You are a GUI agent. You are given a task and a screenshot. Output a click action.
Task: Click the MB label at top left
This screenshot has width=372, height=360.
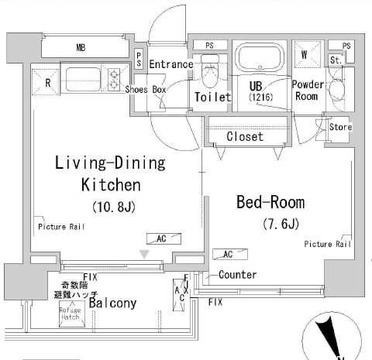(80, 47)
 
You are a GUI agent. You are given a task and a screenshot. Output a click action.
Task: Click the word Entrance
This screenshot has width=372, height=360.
(170, 64)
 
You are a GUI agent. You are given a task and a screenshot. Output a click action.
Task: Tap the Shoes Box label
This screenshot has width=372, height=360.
(147, 89)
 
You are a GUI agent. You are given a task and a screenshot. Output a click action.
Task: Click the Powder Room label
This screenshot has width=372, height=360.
(306, 91)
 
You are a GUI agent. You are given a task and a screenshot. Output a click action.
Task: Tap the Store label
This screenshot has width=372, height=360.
(340, 127)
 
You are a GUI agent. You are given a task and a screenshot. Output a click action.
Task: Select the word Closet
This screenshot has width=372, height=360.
(245, 136)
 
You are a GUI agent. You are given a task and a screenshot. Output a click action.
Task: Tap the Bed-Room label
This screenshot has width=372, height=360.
(270, 203)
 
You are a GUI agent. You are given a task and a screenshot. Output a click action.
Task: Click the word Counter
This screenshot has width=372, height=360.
(237, 275)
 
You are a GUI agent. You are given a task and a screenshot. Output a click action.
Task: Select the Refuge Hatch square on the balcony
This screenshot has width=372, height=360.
(71, 314)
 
